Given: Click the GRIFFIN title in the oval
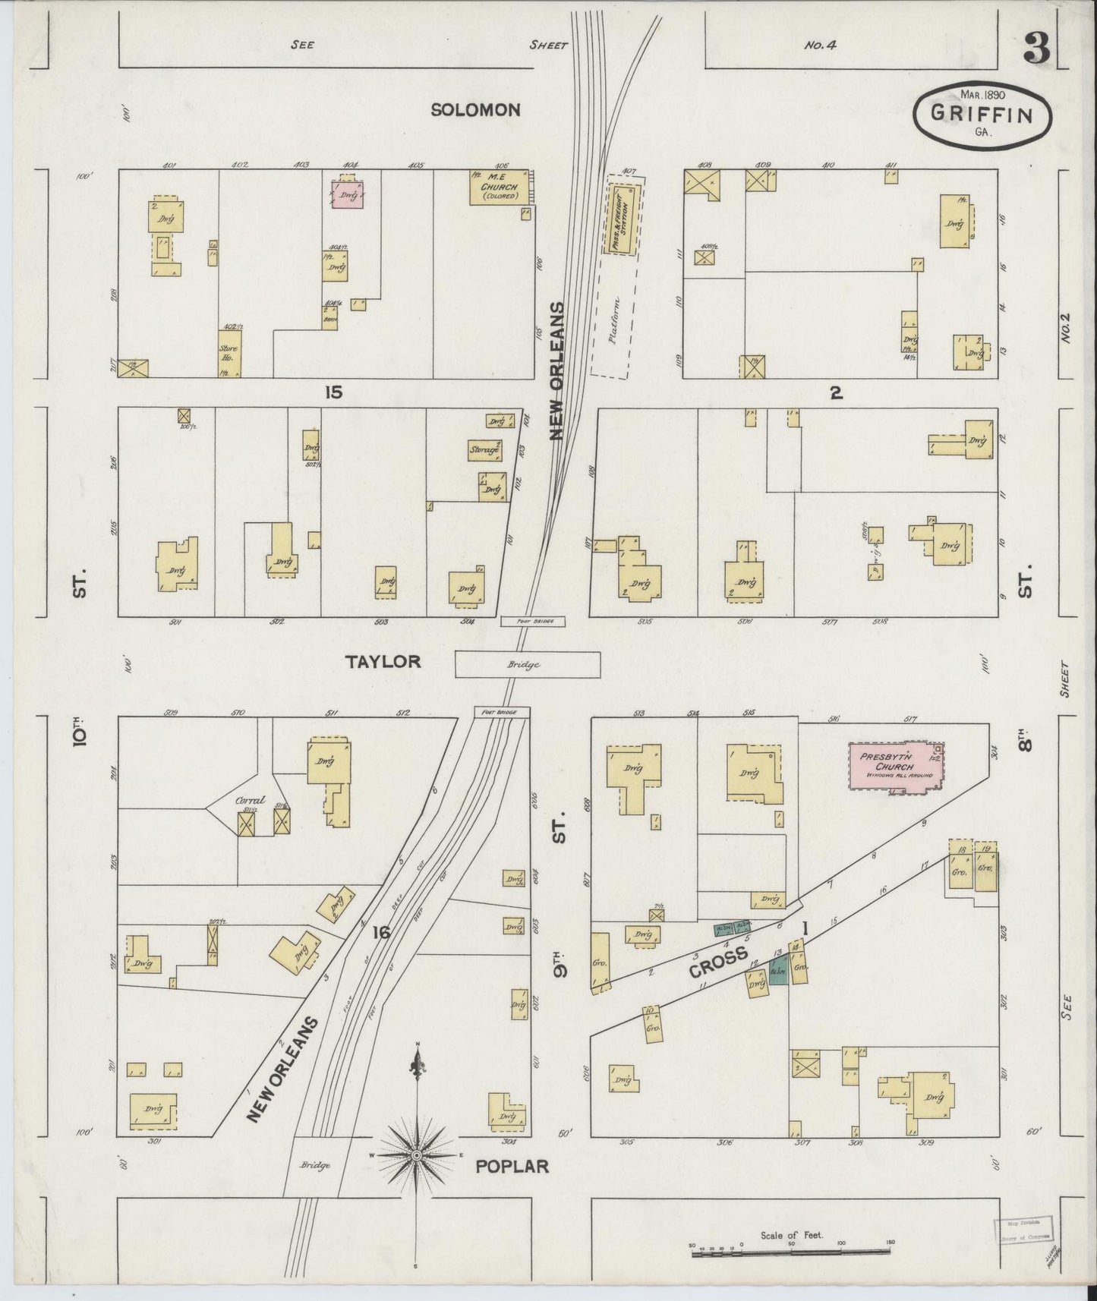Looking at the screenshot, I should [982, 115].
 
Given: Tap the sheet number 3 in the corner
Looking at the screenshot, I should [1036, 49].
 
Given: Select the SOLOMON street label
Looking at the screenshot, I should [475, 110].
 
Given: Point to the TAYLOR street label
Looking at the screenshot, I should [383, 662].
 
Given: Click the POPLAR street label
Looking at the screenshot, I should [512, 1166].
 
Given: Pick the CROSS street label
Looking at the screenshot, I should [719, 963].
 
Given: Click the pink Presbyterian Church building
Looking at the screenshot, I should [896, 768].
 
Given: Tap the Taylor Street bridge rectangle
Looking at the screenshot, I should [527, 664].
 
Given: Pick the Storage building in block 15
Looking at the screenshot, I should [486, 450].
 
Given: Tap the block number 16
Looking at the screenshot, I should [380, 933].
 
